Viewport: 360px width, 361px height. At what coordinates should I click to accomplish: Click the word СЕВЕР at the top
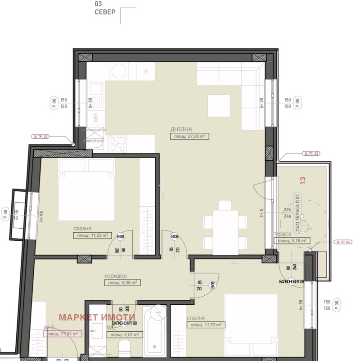(105, 12)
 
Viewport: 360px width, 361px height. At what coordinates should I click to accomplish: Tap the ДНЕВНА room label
(181, 128)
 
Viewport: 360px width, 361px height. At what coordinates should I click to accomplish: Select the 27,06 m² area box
(190, 135)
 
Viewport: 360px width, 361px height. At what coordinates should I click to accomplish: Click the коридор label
(115, 275)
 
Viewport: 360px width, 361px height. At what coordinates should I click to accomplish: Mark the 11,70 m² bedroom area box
(206, 325)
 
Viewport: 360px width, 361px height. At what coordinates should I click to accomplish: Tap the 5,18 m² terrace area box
(292, 241)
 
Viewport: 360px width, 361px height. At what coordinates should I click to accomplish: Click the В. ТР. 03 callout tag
(312, 154)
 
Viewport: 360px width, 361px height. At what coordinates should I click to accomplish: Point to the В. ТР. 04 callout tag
(344, 242)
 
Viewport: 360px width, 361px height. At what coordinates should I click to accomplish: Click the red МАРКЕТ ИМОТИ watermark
(97, 317)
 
